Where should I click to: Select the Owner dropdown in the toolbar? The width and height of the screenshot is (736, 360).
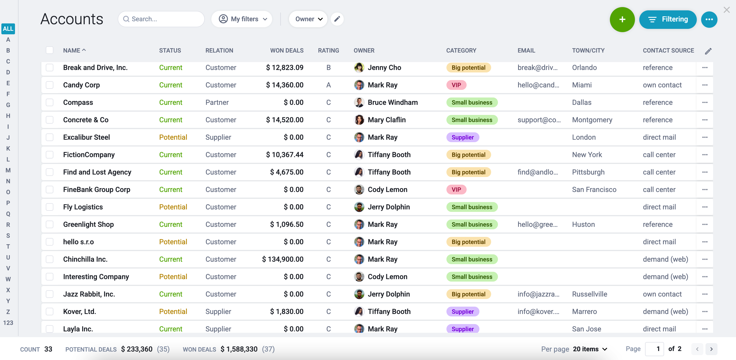click(x=308, y=19)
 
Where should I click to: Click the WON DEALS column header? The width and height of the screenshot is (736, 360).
click(x=287, y=51)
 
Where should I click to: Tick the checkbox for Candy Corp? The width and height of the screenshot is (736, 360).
click(x=50, y=85)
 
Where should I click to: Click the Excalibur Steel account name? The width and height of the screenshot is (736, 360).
click(x=86, y=138)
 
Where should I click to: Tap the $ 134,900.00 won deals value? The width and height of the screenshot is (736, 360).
click(x=282, y=260)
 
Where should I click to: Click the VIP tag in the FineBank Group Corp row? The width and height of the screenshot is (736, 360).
click(x=456, y=190)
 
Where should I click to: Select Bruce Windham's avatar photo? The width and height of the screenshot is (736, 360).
click(x=359, y=103)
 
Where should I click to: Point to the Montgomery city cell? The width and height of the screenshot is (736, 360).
click(x=592, y=120)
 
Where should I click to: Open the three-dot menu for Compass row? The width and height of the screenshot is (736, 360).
click(x=705, y=103)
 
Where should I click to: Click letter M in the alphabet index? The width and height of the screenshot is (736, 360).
click(x=8, y=170)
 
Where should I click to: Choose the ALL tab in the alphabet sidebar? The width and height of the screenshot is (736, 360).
click(x=8, y=29)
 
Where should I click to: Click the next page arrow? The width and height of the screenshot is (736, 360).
click(x=711, y=349)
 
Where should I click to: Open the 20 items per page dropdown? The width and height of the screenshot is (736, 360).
click(x=590, y=349)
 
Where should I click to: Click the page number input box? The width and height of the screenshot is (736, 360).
click(x=654, y=349)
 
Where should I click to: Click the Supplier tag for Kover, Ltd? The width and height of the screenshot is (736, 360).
click(x=463, y=312)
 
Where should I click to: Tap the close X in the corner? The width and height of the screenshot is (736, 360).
click(x=726, y=10)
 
